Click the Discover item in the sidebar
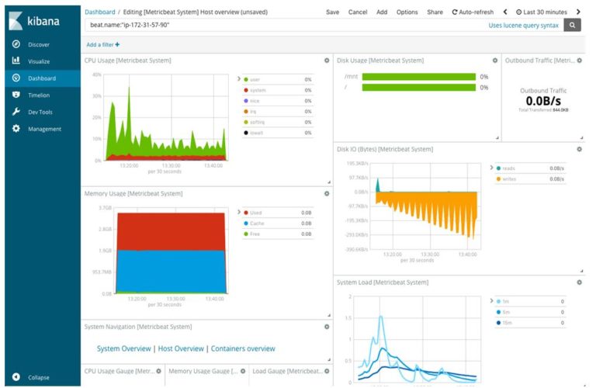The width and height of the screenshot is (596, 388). [x=38, y=44]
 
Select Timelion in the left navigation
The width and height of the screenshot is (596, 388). [x=39, y=95]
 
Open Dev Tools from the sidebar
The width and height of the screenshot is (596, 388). [x=40, y=112]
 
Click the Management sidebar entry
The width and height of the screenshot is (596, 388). [x=43, y=129]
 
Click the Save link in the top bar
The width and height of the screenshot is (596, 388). [x=332, y=12]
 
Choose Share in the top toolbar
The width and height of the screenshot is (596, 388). [x=435, y=12]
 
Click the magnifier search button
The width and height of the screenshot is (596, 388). [x=573, y=26]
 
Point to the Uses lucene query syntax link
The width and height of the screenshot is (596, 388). [x=522, y=26]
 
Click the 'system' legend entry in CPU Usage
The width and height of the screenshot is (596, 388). [x=259, y=90]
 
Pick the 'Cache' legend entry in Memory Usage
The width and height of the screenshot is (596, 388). [x=258, y=223]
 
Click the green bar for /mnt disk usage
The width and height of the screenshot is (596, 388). [x=418, y=77]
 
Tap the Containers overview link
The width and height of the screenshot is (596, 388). [x=243, y=348]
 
